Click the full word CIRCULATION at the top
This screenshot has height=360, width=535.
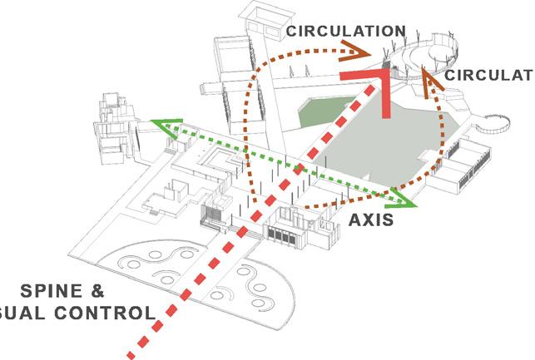(345, 32)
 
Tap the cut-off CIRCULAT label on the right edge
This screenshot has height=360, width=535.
(488, 76)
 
